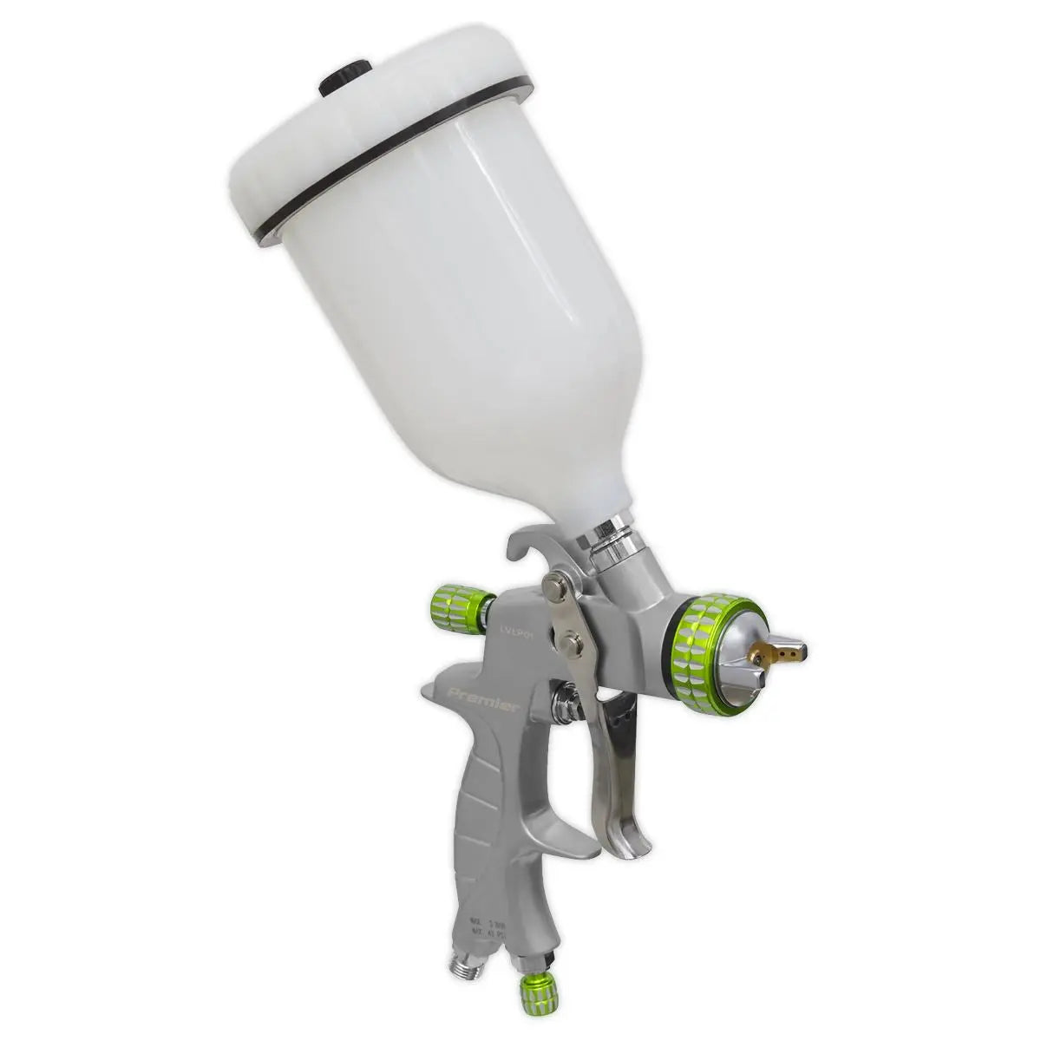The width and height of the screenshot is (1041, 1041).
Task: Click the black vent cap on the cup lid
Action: coord(345,77)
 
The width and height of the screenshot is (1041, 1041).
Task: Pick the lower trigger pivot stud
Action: coord(570,643)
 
